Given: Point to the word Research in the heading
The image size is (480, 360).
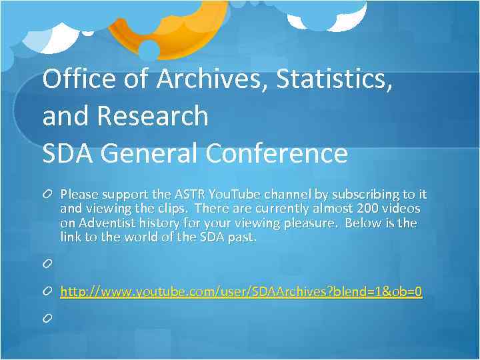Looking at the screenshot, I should pyautogui.click(x=153, y=116).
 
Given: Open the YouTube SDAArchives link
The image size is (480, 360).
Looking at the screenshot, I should pyautogui.click(x=241, y=292).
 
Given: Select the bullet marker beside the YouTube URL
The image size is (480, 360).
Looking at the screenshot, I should pyautogui.click(x=47, y=292).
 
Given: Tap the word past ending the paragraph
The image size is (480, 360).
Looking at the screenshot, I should pyautogui.click(x=242, y=237).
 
